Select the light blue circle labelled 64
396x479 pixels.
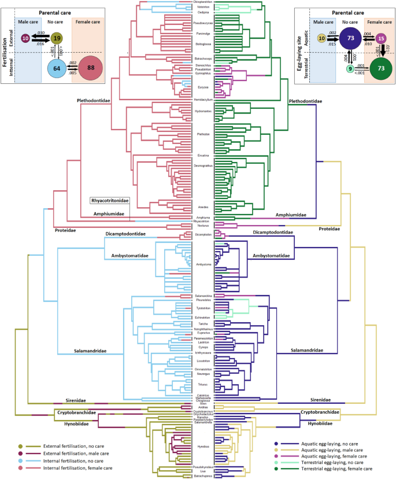click(57, 68)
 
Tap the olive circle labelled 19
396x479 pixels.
click(56, 38)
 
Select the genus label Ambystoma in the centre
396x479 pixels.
click(203, 264)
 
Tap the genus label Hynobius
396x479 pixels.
click(203, 447)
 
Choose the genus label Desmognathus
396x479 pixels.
click(203, 166)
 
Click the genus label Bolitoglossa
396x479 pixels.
click(203, 43)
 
